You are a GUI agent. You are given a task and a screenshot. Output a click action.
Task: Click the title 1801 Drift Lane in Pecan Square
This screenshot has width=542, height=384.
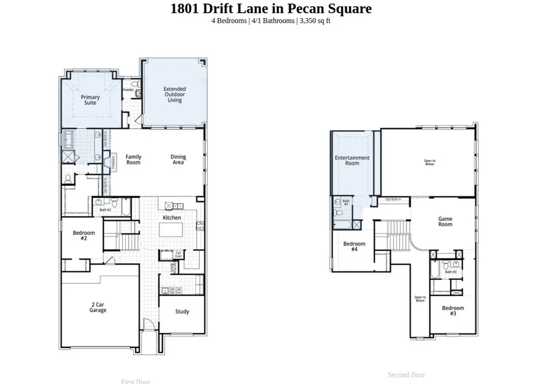pos(270,8)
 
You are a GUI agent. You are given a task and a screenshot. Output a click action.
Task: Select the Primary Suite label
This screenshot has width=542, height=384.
pos(90,100)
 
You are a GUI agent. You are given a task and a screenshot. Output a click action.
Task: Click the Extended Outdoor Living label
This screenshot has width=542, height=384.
pos(175,94)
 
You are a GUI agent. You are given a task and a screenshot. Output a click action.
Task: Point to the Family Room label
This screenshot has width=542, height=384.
pos(133,159)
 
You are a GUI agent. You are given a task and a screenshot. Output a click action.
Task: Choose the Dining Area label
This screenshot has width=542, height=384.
pos(178,159)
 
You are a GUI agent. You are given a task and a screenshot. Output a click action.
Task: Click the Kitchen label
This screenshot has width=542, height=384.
pos(172,217)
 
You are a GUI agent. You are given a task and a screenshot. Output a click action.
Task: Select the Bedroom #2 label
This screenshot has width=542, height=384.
pos(84,235)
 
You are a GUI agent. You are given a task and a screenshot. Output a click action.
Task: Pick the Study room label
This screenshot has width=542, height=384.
pos(182,311)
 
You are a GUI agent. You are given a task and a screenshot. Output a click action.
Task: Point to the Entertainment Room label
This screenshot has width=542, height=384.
pos(352,160)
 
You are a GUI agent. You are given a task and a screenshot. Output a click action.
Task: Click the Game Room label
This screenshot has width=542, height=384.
pos(445,221)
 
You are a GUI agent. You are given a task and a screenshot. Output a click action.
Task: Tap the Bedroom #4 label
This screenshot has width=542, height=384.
pos(354,246)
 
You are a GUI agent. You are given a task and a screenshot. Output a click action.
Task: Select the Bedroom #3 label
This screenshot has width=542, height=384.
pos(453,311)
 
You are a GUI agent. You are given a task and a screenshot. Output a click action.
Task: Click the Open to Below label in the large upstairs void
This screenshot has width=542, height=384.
pos(429,163)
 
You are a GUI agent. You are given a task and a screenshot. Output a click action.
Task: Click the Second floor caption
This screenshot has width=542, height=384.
pos(406,374)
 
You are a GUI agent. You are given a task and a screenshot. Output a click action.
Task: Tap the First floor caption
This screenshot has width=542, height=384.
pos(135,380)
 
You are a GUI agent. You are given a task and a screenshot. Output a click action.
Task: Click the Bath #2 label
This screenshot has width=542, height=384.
pos(105,210)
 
